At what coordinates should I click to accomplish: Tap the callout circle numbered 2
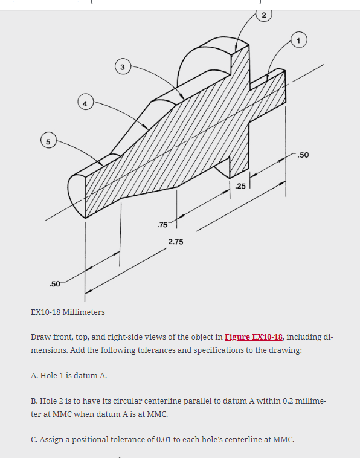[x=265, y=13]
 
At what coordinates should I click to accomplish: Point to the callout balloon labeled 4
[x=85, y=104]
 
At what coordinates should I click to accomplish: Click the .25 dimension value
[x=240, y=186]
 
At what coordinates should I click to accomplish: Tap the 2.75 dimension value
[x=176, y=242]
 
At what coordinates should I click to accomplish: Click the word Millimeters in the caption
[x=83, y=312]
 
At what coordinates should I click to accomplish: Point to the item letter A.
[x=33, y=375]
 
